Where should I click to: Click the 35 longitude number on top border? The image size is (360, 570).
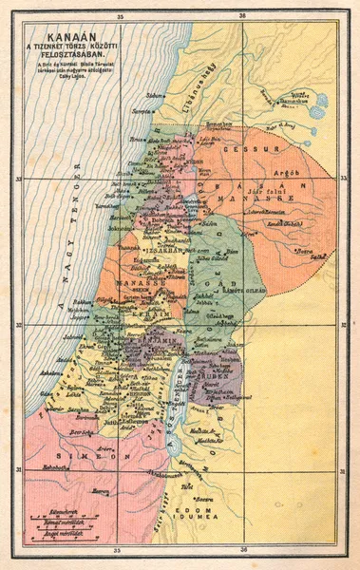point(119,16)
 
